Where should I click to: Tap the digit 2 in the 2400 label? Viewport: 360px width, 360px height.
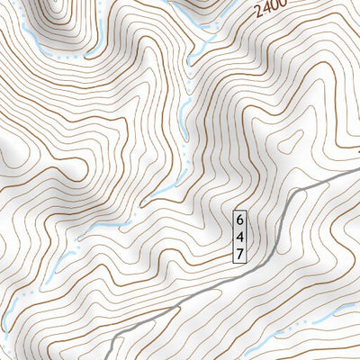[259, 14]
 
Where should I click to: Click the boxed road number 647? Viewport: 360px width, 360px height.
[239, 237]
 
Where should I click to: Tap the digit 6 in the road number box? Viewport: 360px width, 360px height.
[239, 220]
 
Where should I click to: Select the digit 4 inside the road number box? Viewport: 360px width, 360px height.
[239, 237]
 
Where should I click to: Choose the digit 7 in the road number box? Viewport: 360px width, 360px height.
[239, 254]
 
